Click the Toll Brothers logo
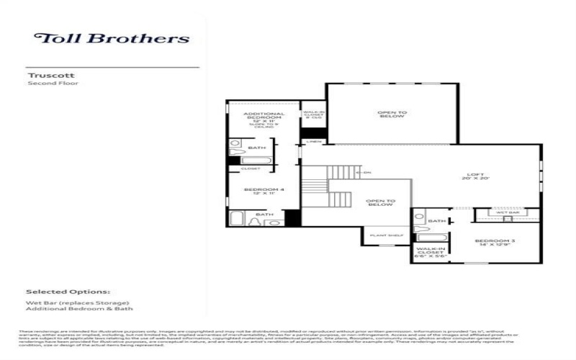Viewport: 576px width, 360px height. [112, 38]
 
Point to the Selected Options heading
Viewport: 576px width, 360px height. [68, 292]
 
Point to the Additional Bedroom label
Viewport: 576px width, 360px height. [264, 117]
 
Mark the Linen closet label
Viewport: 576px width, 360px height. [313, 142]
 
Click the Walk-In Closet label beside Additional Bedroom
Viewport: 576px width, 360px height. [312, 114]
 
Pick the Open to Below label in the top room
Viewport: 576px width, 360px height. [392, 114]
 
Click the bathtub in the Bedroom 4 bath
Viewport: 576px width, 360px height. [237, 219]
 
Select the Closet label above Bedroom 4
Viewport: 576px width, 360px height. [250, 168]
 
